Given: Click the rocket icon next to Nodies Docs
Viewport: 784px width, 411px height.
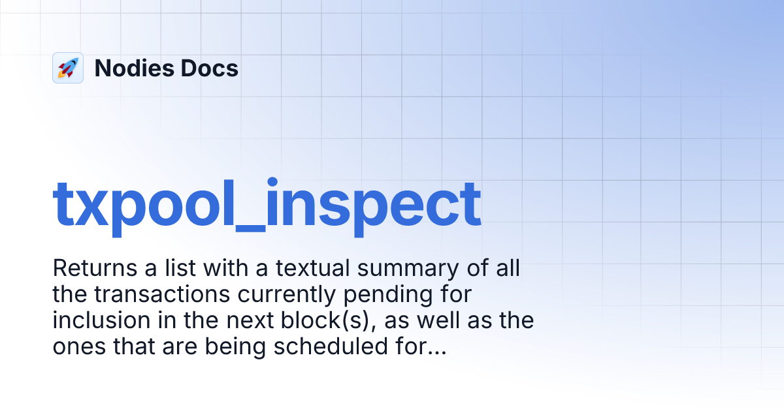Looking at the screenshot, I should pos(68,68).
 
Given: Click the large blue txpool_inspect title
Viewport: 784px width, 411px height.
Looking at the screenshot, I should pos(267,204).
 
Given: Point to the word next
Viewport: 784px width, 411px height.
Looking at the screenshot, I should pos(223,321).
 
